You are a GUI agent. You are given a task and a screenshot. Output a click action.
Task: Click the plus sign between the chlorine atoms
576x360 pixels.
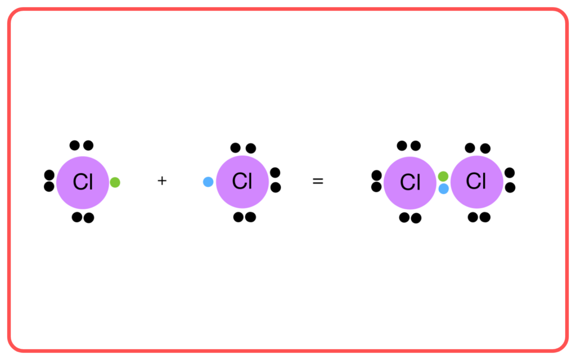pos(162,181)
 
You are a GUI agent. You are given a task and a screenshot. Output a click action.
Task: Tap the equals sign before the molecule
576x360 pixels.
pos(318,181)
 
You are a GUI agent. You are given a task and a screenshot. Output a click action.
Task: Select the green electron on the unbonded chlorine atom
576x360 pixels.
pos(115,182)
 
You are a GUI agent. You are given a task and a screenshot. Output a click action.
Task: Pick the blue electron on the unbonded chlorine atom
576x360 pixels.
pos(208,182)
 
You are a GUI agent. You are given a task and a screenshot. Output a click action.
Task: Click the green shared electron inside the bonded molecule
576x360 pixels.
pos(443,176)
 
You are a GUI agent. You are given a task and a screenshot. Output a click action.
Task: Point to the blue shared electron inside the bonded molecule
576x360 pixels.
pos(444,189)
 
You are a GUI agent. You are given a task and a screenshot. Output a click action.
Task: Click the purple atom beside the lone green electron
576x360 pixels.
pos(83,183)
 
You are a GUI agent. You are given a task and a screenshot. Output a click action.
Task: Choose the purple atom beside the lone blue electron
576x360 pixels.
pos(242,182)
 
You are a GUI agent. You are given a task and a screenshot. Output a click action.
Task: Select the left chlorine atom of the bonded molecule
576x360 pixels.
pos(410,183)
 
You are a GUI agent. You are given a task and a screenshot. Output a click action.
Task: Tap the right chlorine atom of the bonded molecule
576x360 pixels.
pos(477,182)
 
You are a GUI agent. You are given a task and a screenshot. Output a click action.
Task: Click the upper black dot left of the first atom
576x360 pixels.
pos(49,175)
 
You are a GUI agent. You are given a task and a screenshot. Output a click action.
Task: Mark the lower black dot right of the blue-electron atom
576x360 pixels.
pos(276,187)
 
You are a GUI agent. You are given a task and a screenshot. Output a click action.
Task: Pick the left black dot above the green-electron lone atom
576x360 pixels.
pos(75,145)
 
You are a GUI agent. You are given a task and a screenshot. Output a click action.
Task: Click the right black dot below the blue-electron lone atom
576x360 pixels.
pos(250,217)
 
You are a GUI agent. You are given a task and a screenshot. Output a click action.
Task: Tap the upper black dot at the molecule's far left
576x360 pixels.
pos(376,175)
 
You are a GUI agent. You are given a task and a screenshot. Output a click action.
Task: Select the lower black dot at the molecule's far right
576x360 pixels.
pos(510,187)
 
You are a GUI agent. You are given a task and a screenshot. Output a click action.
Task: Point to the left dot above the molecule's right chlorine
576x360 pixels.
pos(470,148)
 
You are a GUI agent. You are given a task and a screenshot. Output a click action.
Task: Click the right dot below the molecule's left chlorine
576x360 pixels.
pos(416,218)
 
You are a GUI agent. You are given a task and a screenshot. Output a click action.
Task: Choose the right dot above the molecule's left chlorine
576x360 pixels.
pos(416,146)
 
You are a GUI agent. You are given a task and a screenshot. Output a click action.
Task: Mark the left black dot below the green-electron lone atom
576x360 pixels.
pos(76,217)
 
